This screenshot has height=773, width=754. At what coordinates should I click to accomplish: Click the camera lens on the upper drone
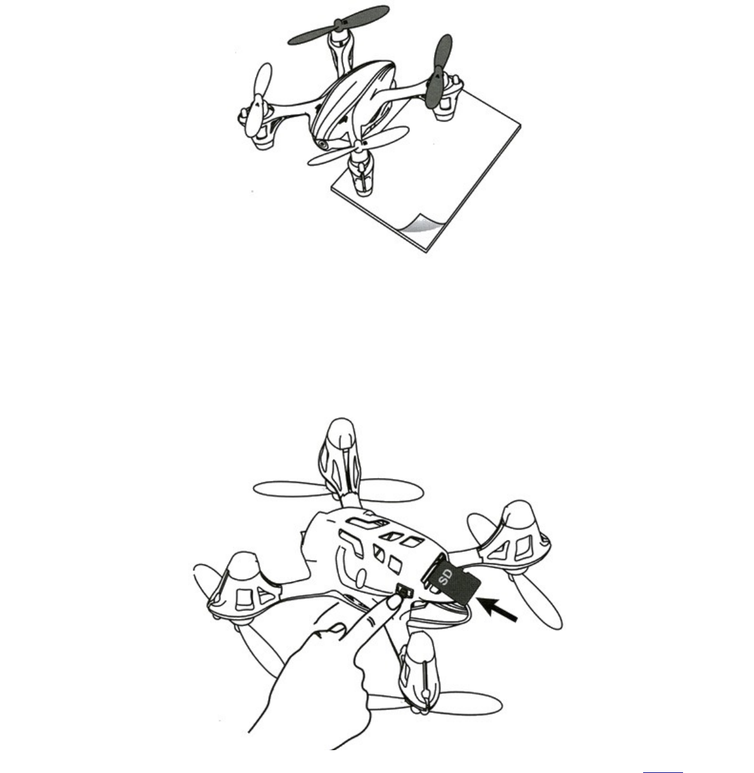click(x=323, y=144)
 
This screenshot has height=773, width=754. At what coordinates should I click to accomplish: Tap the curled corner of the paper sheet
click(x=421, y=224)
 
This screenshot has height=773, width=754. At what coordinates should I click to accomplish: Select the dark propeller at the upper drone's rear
click(x=338, y=25)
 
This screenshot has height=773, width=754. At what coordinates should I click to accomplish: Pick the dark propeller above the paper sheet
click(x=438, y=72)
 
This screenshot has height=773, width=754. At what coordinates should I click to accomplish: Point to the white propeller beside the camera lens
click(x=359, y=146)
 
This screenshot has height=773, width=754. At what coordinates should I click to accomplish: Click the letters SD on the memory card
click(x=445, y=577)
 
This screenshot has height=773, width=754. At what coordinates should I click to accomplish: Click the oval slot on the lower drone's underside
click(x=361, y=578)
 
